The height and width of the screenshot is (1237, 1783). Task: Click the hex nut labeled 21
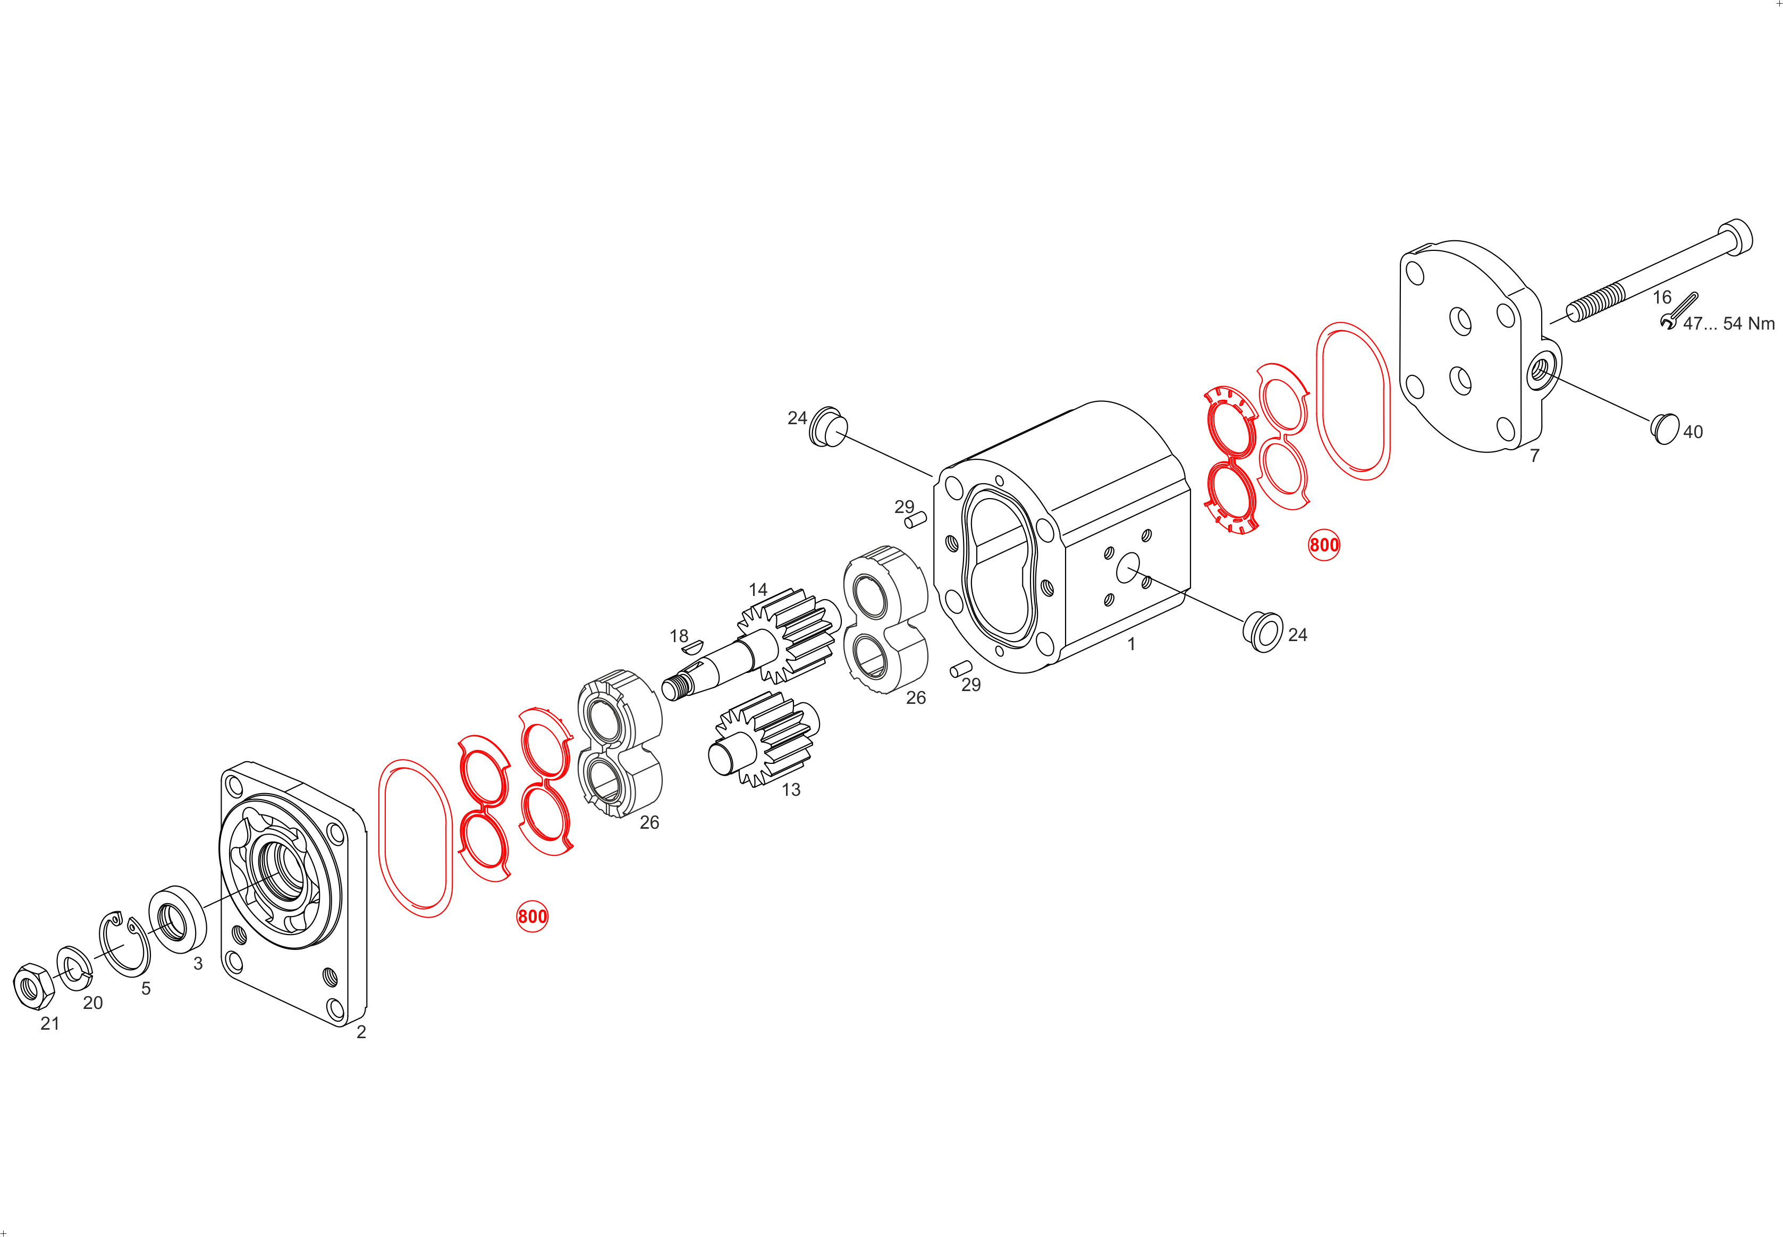pyautogui.click(x=34, y=987)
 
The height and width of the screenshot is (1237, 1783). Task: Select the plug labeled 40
pyautogui.click(x=1664, y=428)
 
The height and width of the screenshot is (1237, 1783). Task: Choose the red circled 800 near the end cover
pyautogui.click(x=1323, y=545)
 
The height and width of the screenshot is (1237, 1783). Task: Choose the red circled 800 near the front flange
pyautogui.click(x=533, y=916)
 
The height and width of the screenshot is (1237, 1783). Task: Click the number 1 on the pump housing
pyautogui.click(x=1131, y=644)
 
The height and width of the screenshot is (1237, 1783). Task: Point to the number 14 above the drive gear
pyautogui.click(x=758, y=590)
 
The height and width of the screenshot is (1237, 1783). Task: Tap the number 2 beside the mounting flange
pyautogui.click(x=361, y=1032)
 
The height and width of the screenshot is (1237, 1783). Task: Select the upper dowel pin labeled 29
pyautogui.click(x=915, y=519)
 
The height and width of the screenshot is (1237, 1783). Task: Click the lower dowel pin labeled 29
pyautogui.click(x=961, y=668)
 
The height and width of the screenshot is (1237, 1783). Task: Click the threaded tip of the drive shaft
pyautogui.click(x=675, y=687)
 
